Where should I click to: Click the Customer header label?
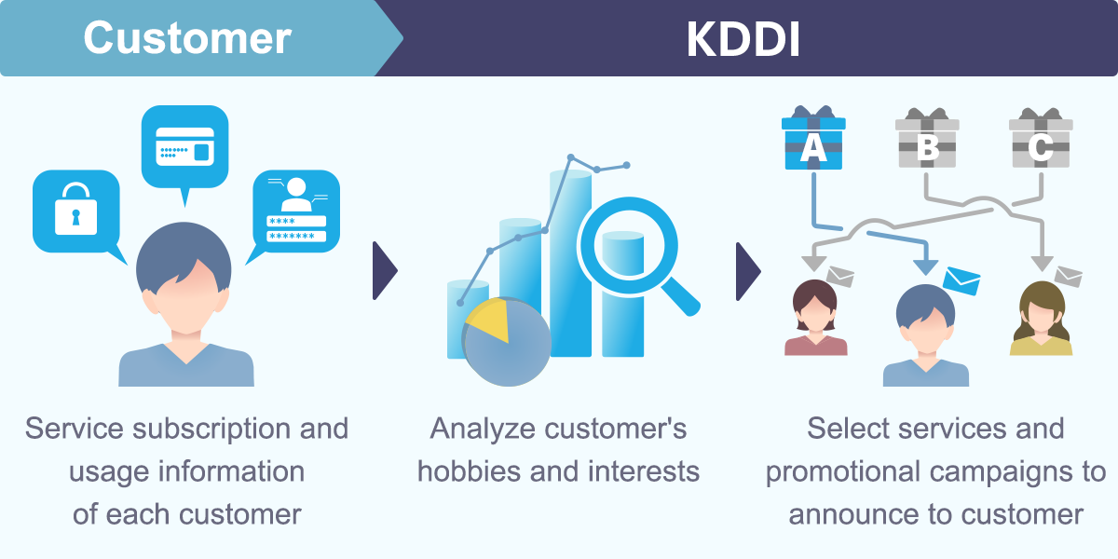pos(187,38)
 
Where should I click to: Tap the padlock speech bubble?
pos(75,211)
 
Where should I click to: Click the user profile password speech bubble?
pos(296,211)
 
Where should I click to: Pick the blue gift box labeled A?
pos(813,141)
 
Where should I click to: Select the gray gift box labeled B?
pos(927,141)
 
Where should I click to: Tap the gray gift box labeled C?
pos(1041,141)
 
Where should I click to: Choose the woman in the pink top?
pos(815,319)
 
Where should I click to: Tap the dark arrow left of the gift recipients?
pos(747,271)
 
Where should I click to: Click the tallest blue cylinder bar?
pos(570,261)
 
